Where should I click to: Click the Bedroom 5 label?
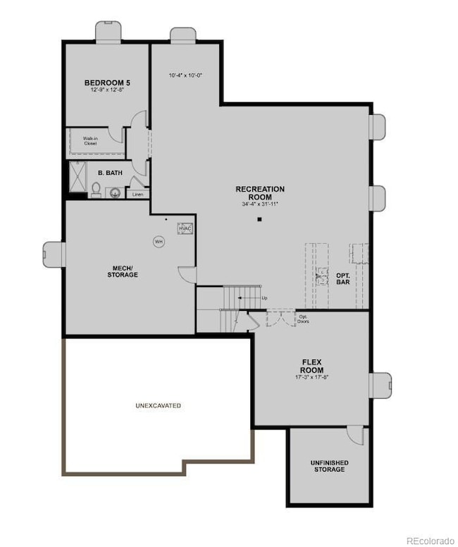pyautogui.click(x=107, y=82)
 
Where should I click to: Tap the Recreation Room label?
pyautogui.click(x=260, y=192)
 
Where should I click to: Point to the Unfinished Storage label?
pyautogui.click(x=329, y=466)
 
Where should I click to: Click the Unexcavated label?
pyautogui.click(x=159, y=406)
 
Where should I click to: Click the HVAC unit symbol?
pyautogui.click(x=185, y=229)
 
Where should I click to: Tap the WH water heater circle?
pyautogui.click(x=159, y=241)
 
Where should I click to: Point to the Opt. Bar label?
pyautogui.click(x=343, y=278)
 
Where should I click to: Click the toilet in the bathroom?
pyautogui.click(x=96, y=189)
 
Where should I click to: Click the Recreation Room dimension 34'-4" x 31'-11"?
pyautogui.click(x=260, y=204)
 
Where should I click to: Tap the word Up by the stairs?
pyautogui.click(x=264, y=298)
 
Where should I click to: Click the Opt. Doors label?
pyautogui.click(x=304, y=319)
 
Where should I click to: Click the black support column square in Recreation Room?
pyautogui.click(x=259, y=220)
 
